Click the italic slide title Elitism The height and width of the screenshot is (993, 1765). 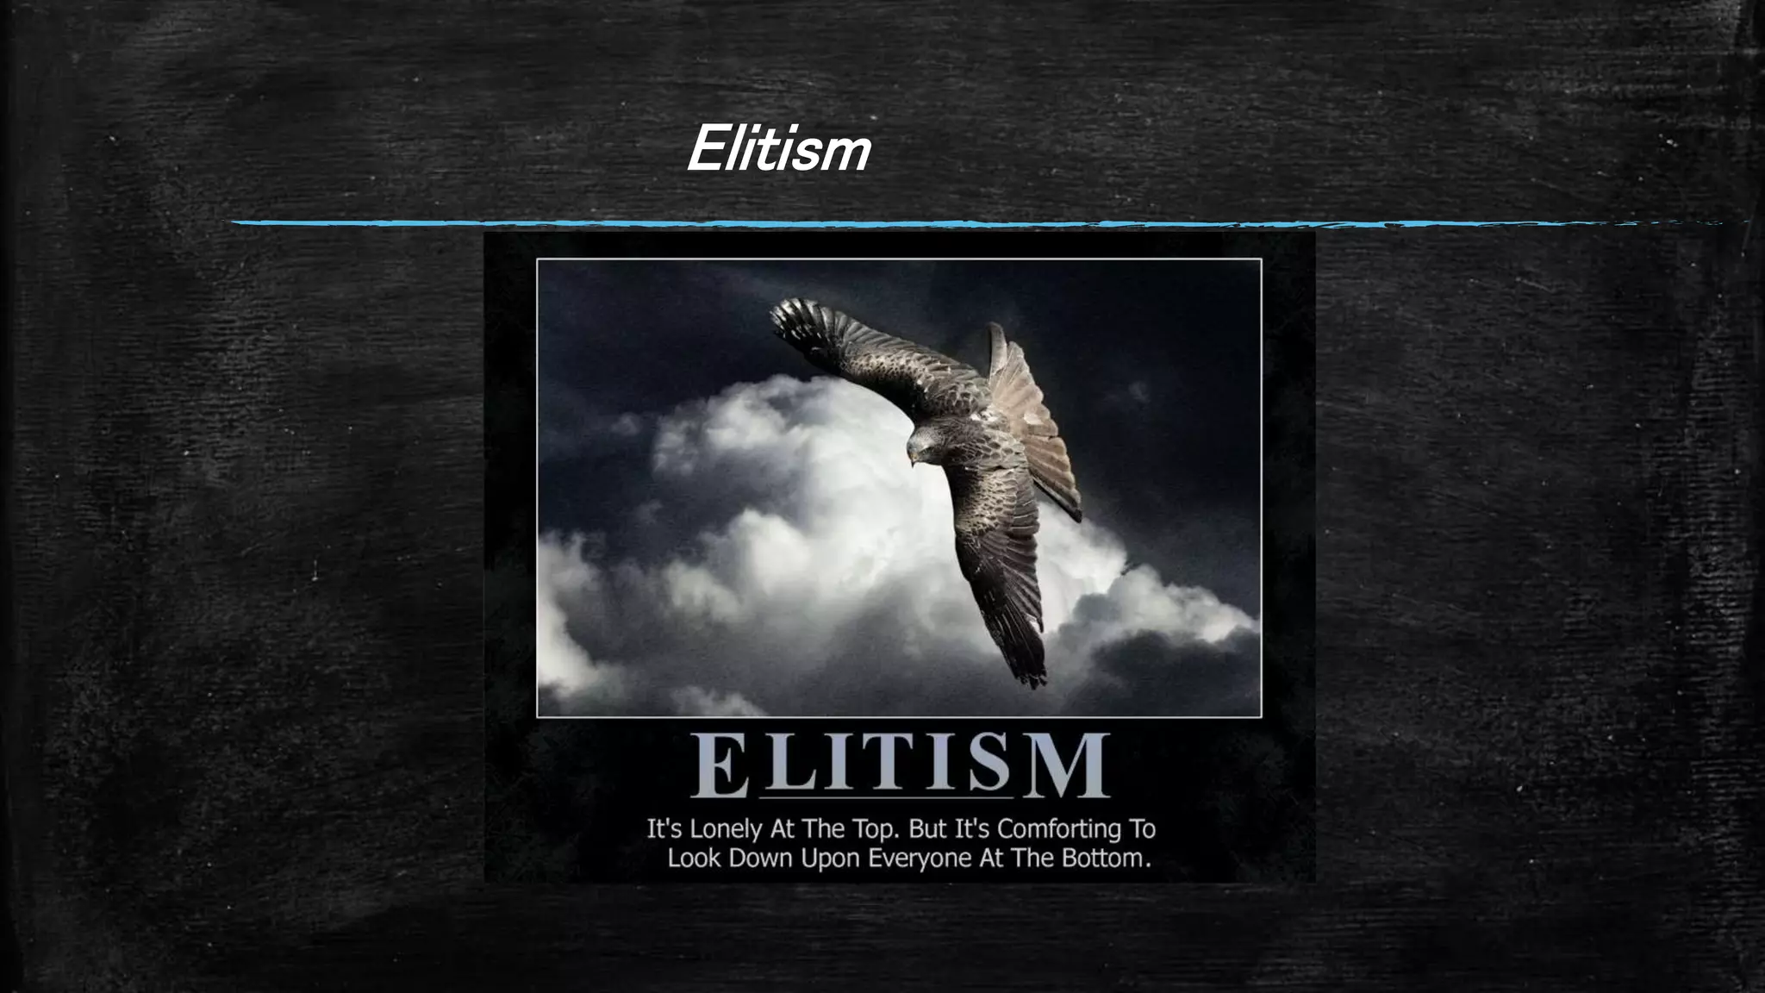(778, 149)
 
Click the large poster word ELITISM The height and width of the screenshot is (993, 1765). (900, 765)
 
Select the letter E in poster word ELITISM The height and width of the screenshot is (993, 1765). (719, 766)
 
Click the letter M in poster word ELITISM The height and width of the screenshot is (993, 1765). (1070, 765)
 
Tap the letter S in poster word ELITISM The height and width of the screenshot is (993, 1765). (989, 765)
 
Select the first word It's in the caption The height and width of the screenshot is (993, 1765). (664, 829)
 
